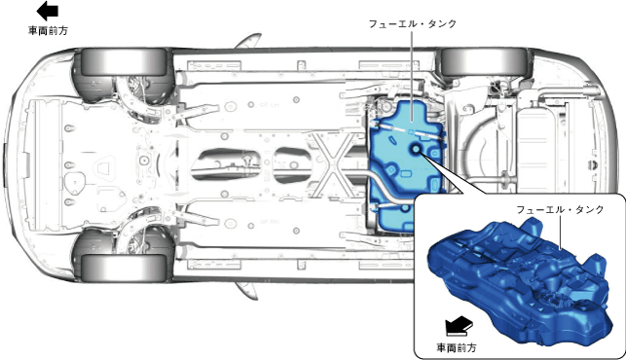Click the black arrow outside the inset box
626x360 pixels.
(x=47, y=11)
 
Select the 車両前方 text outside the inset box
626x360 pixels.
(x=48, y=31)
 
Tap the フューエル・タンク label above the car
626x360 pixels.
(x=413, y=23)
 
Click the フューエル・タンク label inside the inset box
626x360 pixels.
(x=560, y=209)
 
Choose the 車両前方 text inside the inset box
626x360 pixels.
(x=457, y=348)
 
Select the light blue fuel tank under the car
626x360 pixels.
(x=405, y=166)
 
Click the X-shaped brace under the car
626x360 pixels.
(x=331, y=164)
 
